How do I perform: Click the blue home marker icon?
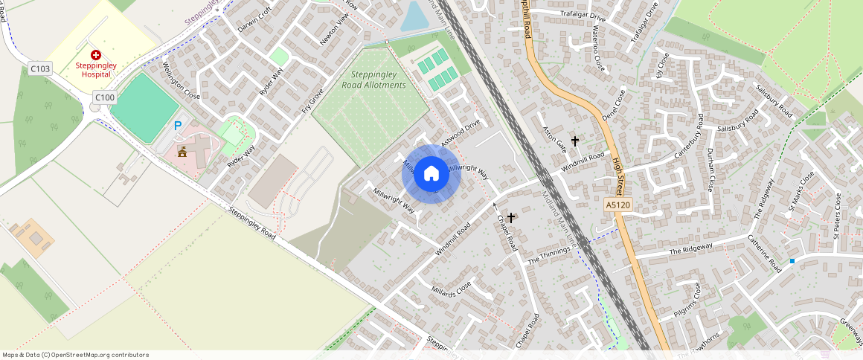(x=431, y=174)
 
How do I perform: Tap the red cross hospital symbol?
(x=96, y=55)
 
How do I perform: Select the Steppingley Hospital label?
(x=96, y=70)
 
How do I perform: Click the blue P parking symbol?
(x=177, y=126)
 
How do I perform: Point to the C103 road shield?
(x=40, y=69)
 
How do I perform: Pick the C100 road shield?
(x=105, y=97)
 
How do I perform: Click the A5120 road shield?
(x=617, y=205)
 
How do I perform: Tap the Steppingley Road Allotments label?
(x=374, y=80)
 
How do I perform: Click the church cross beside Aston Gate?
(x=574, y=140)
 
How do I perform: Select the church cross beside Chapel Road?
(x=511, y=217)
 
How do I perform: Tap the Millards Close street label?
(x=451, y=288)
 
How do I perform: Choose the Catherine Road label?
(x=765, y=252)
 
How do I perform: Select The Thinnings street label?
(x=548, y=256)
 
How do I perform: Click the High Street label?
(x=617, y=173)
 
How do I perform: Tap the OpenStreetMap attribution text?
(x=74, y=355)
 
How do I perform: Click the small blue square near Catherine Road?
(x=792, y=261)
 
